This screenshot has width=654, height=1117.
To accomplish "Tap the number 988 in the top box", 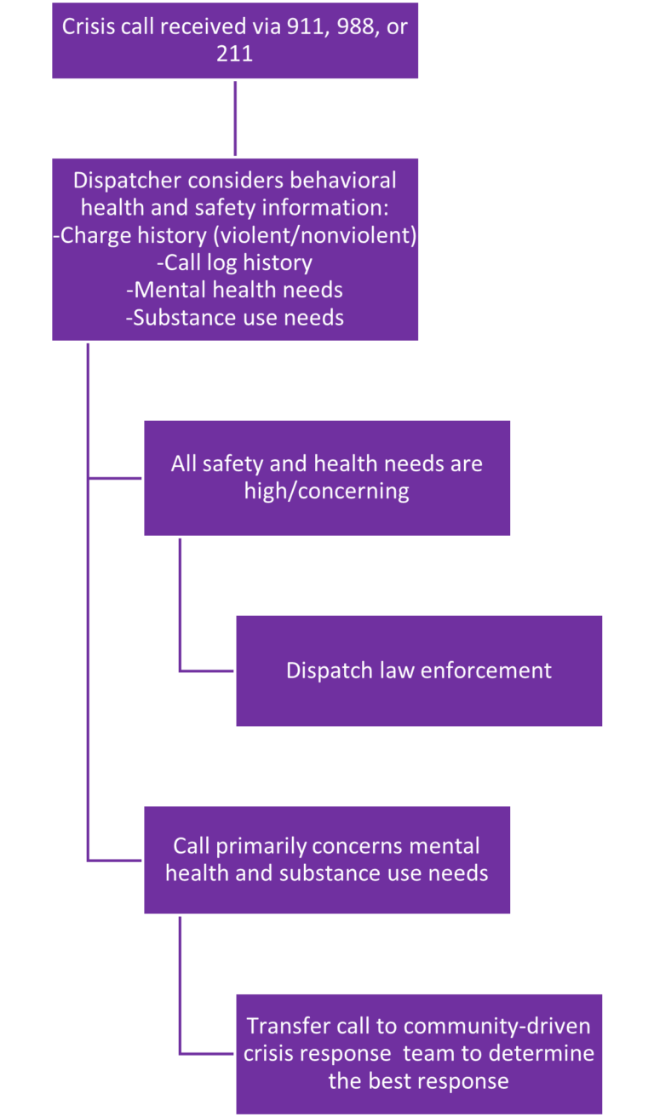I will (344, 26).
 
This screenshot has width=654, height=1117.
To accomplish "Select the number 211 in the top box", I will (235, 54).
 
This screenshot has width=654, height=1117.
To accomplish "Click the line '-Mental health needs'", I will (234, 290).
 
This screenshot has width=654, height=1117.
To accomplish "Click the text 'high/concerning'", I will (326, 492).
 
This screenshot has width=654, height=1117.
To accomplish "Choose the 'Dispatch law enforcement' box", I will (419, 671).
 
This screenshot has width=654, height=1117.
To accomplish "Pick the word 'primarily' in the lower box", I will (260, 846).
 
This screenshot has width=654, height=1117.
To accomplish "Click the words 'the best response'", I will (418, 1081).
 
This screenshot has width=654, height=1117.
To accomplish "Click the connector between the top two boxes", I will (235, 118).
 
